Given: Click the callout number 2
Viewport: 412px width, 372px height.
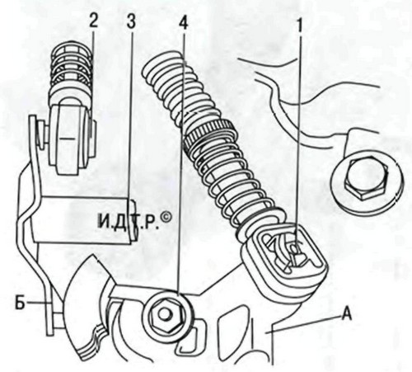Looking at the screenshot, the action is pyautogui.click(x=93, y=21).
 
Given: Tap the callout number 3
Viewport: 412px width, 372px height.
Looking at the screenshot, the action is pyautogui.click(x=131, y=21).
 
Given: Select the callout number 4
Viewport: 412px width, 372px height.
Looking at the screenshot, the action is pyautogui.click(x=183, y=21).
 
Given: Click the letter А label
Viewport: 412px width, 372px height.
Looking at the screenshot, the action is pyautogui.click(x=346, y=314).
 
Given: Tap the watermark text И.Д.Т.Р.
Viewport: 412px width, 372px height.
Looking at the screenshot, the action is pyautogui.click(x=129, y=221).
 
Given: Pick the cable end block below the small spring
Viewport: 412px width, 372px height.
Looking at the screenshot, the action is pyautogui.click(x=73, y=139).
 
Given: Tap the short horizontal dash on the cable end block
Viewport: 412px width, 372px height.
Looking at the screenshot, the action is pyautogui.click(x=67, y=139).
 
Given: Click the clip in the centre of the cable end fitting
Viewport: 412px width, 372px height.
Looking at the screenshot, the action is pyautogui.click(x=293, y=252).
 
